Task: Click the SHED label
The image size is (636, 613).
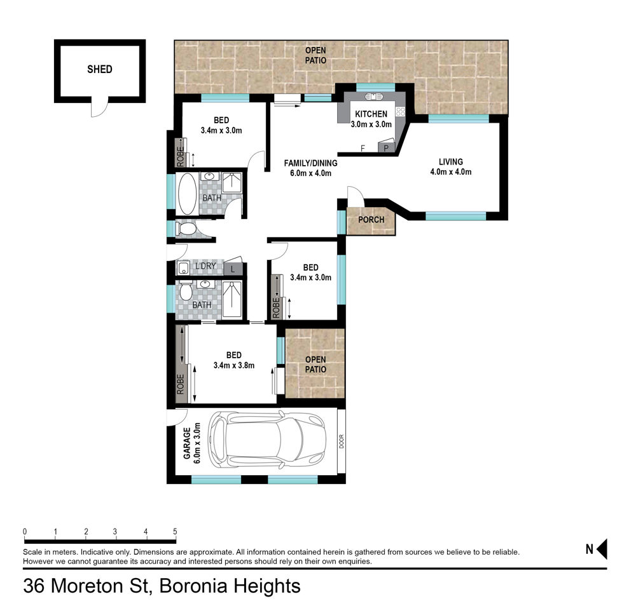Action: (100, 69)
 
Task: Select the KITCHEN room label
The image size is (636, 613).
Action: (371, 114)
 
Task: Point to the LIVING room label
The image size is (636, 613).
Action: (451, 161)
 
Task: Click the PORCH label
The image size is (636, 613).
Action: (371, 220)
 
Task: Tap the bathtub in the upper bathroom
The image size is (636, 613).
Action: (188, 194)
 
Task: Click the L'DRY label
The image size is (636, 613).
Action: (205, 266)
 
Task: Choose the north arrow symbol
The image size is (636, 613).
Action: (602, 549)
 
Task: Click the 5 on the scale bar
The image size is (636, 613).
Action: (176, 532)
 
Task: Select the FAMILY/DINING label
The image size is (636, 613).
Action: (311, 163)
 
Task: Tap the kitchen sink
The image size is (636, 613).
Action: (373, 97)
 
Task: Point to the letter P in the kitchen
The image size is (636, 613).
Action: (386, 148)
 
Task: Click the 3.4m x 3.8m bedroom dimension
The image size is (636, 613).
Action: (234, 365)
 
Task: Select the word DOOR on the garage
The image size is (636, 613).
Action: (342, 441)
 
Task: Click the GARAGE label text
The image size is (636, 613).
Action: (187, 443)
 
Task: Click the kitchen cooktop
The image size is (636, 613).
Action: (401, 111)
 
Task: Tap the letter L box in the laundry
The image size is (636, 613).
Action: (233, 269)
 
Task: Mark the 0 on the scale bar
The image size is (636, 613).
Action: (25, 532)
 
